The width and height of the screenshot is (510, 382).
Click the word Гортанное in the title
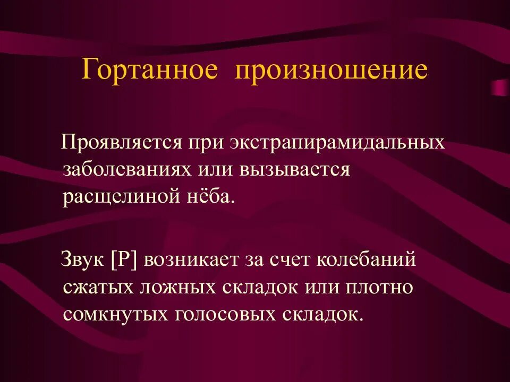tap(149, 71)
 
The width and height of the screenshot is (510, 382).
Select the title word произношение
tap(331, 71)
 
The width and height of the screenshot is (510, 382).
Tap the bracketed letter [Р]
tap(124, 261)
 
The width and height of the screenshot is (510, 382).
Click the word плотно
tap(379, 287)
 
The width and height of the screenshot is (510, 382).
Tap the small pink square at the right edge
tap(500, 88)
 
